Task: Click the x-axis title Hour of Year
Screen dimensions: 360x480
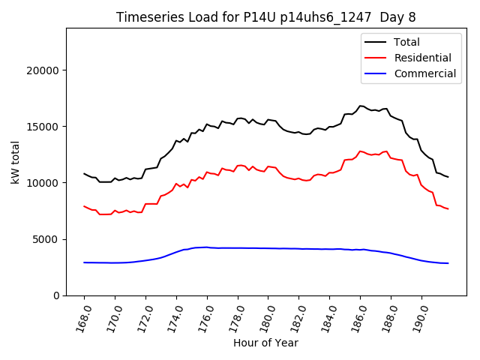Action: click(x=265, y=343)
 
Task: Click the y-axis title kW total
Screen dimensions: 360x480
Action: click(x=16, y=161)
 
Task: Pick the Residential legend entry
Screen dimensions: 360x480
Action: click(x=422, y=58)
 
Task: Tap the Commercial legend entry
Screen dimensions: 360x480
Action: click(x=424, y=73)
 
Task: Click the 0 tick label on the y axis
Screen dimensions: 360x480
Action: click(x=56, y=295)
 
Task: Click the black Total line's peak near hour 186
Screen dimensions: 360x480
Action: click(x=361, y=106)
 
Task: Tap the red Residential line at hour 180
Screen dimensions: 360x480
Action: click(x=268, y=166)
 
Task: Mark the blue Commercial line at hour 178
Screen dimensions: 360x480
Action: click(x=238, y=247)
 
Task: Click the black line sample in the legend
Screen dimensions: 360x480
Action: click(x=376, y=42)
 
